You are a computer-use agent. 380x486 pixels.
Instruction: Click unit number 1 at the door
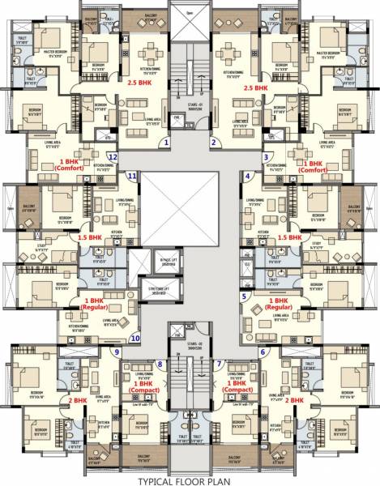[167, 143]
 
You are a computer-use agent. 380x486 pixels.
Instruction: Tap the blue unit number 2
[213, 143]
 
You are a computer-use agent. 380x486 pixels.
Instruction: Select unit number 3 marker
[266, 156]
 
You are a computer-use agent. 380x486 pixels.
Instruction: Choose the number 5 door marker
[244, 297]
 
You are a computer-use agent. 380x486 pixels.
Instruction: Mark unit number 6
[263, 352]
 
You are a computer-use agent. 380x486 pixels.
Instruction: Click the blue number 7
[219, 364]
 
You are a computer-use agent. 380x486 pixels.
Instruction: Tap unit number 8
[160, 364]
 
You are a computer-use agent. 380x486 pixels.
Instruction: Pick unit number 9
[117, 352]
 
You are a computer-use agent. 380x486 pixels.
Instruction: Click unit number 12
[113, 156]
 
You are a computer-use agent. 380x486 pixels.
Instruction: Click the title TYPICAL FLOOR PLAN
[190, 480]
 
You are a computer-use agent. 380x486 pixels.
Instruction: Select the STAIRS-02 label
[190, 346]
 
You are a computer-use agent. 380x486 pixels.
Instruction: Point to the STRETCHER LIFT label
[166, 290]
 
